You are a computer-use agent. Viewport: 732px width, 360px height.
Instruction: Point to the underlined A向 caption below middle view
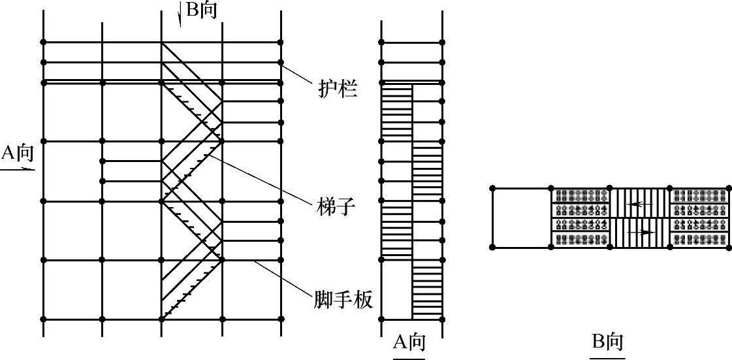(409, 342)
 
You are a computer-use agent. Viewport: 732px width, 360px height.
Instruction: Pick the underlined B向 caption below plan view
(607, 342)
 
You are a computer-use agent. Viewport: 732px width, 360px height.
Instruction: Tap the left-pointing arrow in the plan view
(641, 204)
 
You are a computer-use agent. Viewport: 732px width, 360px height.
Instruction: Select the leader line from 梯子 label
(261, 176)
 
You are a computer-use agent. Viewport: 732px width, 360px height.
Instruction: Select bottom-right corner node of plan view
(728, 247)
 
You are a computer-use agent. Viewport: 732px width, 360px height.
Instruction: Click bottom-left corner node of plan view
(492, 247)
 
